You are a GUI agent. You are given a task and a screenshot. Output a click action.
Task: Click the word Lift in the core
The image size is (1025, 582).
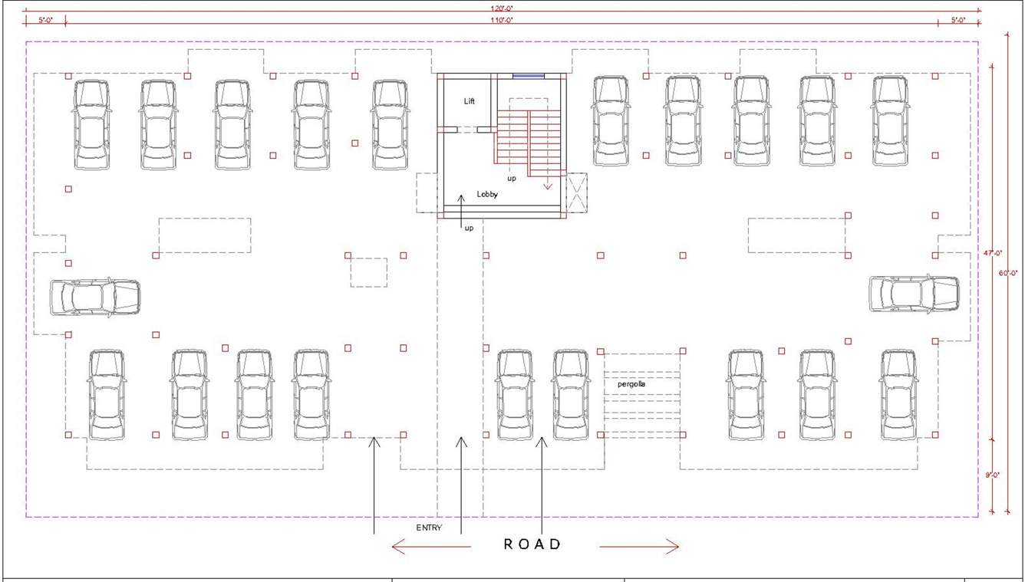(x=470, y=101)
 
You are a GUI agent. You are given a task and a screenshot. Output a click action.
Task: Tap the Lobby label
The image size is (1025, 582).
(x=487, y=194)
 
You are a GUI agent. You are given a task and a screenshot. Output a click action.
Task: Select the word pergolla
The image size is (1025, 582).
(x=631, y=383)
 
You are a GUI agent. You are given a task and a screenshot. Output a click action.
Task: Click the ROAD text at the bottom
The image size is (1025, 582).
(x=532, y=544)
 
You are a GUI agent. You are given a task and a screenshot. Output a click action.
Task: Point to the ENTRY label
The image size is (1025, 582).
(x=429, y=528)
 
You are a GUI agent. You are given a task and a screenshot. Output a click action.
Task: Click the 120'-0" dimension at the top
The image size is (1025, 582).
(x=503, y=7)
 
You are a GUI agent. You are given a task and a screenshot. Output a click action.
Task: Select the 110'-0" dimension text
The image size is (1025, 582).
(x=503, y=20)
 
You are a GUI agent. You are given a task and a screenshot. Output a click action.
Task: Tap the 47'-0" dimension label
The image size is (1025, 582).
(x=993, y=252)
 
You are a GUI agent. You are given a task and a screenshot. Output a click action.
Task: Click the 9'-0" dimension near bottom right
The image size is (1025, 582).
(x=993, y=475)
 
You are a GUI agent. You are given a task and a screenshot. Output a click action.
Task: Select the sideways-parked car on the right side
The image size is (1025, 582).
(x=914, y=294)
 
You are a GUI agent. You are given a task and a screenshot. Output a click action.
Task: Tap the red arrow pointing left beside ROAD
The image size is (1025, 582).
(x=430, y=546)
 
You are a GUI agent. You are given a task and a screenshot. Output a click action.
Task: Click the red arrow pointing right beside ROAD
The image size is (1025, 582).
(x=639, y=546)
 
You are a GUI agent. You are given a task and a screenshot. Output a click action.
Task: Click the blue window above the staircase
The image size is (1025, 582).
(x=529, y=75)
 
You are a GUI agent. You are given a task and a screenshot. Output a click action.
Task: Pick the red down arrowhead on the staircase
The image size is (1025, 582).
(x=548, y=185)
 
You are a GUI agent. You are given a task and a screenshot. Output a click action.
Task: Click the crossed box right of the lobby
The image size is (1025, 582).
(x=576, y=192)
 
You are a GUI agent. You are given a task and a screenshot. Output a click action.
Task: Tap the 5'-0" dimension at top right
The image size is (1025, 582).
(x=958, y=20)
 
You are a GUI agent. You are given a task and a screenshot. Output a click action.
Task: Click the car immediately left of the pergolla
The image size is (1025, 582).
(x=571, y=395)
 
